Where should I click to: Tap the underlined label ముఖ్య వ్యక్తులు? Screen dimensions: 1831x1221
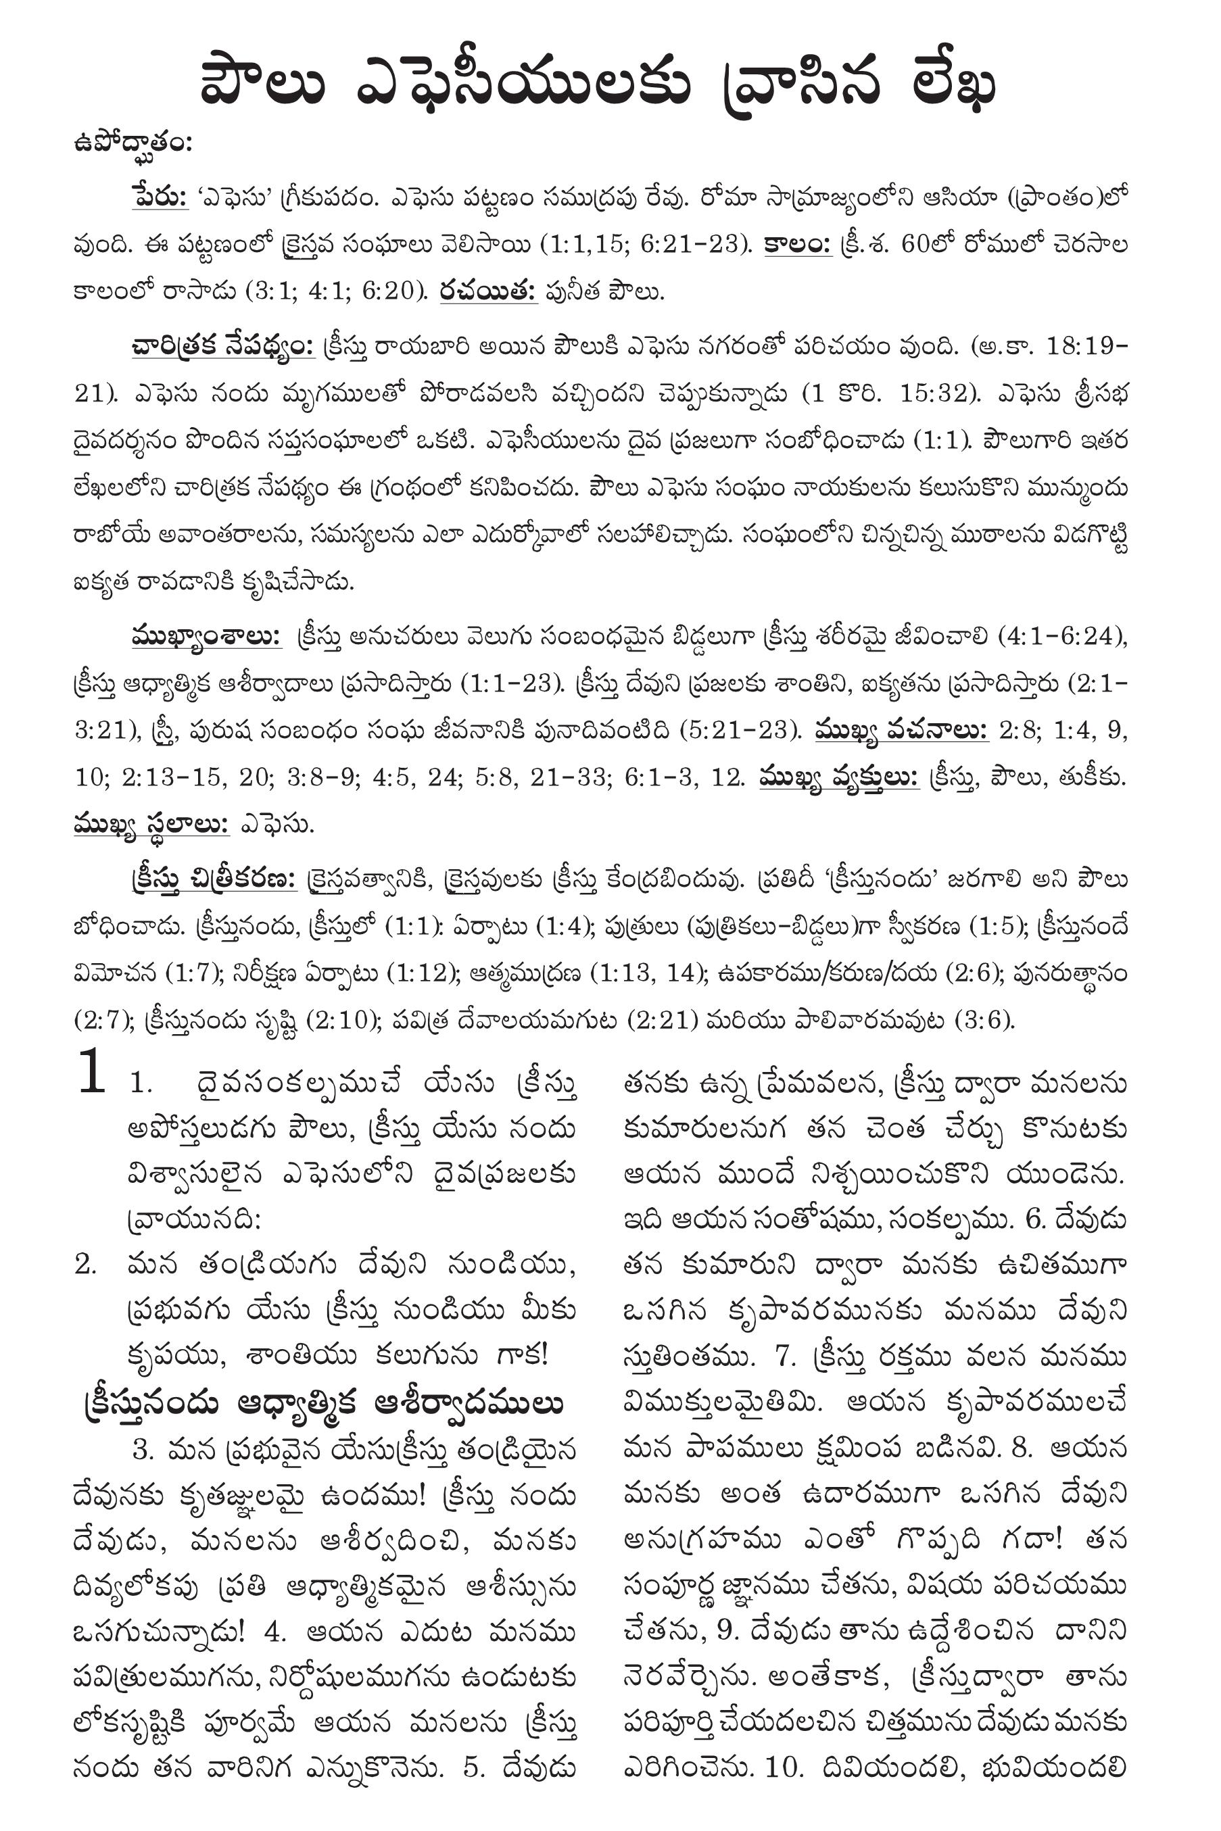tap(838, 778)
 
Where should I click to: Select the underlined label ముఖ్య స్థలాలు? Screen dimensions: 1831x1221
tap(152, 825)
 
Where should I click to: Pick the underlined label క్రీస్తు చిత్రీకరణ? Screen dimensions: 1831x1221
tap(214, 880)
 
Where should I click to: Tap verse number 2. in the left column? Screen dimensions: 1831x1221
tap(86, 1265)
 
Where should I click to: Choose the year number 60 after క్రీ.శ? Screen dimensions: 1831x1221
tap(917, 245)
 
